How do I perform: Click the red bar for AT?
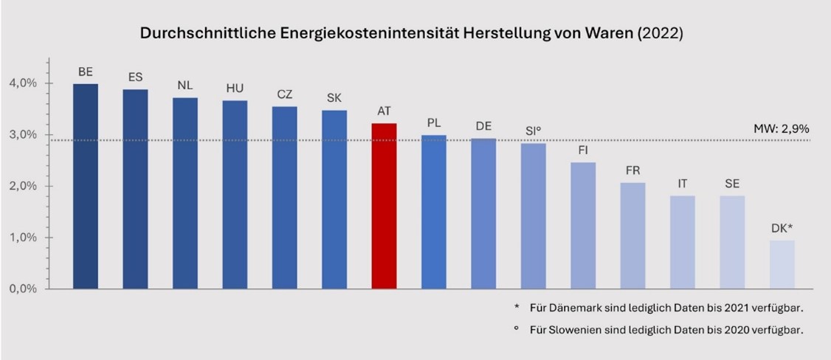pos(384,206)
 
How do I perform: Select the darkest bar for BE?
pos(86,186)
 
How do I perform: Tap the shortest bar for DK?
pos(782,264)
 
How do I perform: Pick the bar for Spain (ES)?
pos(135,189)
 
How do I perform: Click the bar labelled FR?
pos(632,235)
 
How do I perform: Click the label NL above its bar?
pos(185,85)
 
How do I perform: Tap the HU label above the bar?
pos(235,89)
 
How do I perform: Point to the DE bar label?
pos(483,126)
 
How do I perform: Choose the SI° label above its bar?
pos(534,131)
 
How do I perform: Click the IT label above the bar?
pos(683,184)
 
